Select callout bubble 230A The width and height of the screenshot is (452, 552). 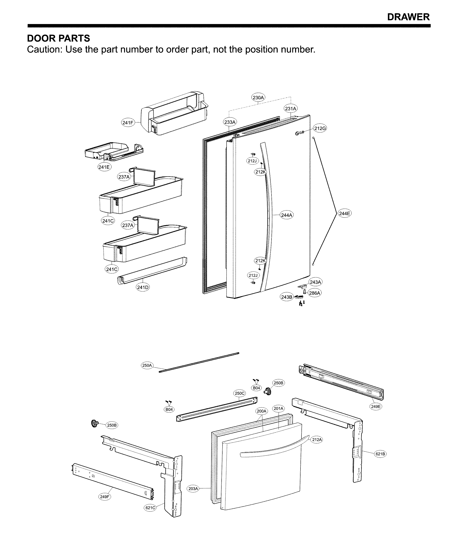[258, 98]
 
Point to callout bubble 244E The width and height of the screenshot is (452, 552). [344, 214]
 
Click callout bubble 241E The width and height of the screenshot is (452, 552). [104, 167]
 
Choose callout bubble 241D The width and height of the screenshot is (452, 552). [143, 287]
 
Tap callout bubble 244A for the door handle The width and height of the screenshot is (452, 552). [287, 215]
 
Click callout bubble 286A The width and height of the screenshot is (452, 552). [315, 293]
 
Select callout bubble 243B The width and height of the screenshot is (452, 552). [287, 297]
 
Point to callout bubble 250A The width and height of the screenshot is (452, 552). [147, 365]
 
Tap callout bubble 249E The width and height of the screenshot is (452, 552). [376, 406]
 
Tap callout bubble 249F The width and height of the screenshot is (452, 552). [105, 496]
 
